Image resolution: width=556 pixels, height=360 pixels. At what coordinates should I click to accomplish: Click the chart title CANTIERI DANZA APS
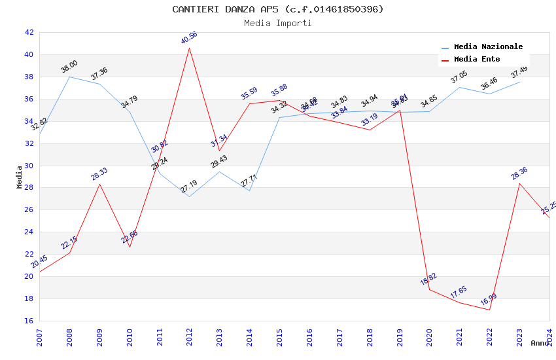click(x=278, y=9)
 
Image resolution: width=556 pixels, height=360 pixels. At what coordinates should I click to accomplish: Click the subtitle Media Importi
click(x=278, y=23)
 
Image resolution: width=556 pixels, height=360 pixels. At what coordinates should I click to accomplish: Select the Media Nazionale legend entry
click(x=488, y=47)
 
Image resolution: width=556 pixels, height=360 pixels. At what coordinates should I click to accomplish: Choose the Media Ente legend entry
click(x=477, y=60)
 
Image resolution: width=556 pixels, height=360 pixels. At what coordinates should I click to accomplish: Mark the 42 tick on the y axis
click(x=29, y=32)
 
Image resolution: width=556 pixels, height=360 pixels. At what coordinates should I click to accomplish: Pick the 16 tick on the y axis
click(x=29, y=321)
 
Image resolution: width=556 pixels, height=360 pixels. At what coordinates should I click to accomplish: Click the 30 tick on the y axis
click(x=29, y=166)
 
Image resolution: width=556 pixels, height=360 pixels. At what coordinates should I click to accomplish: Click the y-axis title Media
click(x=20, y=177)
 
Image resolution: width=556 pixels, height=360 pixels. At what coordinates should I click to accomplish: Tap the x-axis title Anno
click(x=540, y=343)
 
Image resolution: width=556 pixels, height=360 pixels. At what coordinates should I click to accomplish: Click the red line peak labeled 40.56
click(x=189, y=48)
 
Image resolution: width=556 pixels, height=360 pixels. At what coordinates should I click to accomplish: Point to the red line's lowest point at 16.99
click(x=489, y=310)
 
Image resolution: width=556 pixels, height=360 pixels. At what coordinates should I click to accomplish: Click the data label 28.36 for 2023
click(x=519, y=173)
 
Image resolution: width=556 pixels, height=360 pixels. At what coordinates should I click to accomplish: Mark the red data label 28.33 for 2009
click(x=99, y=174)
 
